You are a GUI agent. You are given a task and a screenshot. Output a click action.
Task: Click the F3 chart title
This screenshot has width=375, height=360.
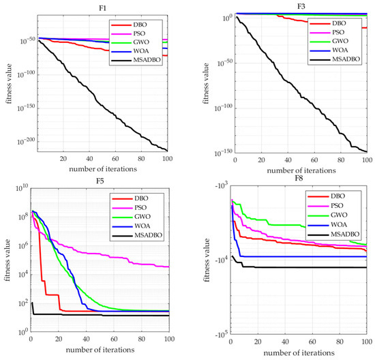(299, 6)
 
